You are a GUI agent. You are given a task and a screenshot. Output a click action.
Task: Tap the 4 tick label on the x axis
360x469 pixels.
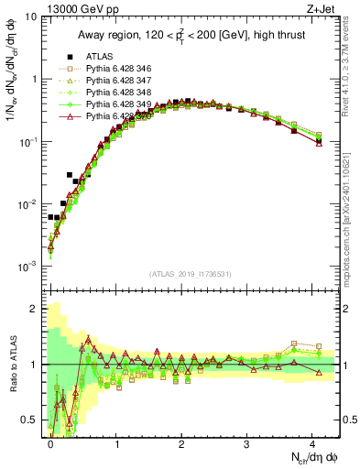coord(312,442)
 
